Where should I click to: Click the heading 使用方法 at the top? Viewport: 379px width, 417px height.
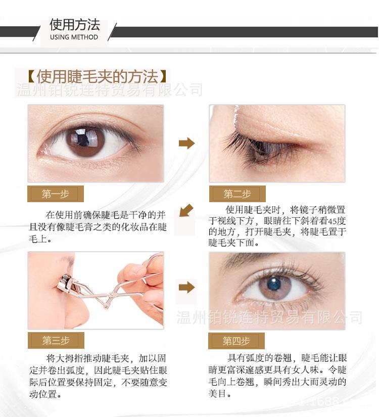pos(74,25)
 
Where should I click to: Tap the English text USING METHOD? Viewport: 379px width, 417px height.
pos(74,37)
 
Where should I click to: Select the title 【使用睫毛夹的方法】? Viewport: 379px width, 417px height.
pos(97,77)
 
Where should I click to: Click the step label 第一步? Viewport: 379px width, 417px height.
pos(56,194)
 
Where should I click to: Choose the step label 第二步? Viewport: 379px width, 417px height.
pos(237,194)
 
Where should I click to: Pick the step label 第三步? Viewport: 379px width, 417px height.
pos(56,340)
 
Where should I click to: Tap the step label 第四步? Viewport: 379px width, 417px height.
pos(236,341)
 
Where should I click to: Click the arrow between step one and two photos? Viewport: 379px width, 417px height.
pos(186,144)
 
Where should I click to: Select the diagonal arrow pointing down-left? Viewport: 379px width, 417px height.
pos(185,210)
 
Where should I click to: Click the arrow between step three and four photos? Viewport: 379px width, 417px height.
pos(186,288)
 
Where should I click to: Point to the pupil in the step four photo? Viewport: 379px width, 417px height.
pos(273,284)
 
